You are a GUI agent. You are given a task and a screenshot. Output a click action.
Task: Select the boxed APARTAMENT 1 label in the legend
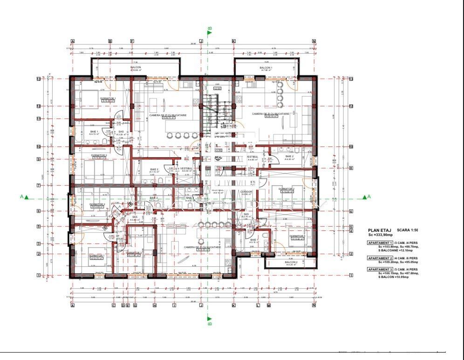point(380,243)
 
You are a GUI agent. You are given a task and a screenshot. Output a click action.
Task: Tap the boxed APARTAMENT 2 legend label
point(380,258)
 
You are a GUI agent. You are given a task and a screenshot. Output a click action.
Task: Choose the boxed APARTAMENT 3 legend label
point(380,270)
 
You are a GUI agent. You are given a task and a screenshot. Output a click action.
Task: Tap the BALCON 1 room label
point(266,68)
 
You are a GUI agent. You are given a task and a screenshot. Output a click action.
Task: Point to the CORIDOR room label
point(246,192)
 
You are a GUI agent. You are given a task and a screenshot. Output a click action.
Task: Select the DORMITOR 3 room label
point(133,252)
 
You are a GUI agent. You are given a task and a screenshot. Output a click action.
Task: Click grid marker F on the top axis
point(132,41)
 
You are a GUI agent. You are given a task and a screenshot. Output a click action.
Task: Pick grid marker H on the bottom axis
point(155,306)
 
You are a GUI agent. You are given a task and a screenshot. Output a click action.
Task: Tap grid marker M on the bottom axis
point(269,306)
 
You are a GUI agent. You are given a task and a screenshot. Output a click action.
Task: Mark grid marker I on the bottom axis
point(175,306)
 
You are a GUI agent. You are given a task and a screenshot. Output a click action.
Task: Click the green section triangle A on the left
point(27,197)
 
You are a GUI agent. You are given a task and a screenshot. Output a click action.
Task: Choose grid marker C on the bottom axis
point(113,306)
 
